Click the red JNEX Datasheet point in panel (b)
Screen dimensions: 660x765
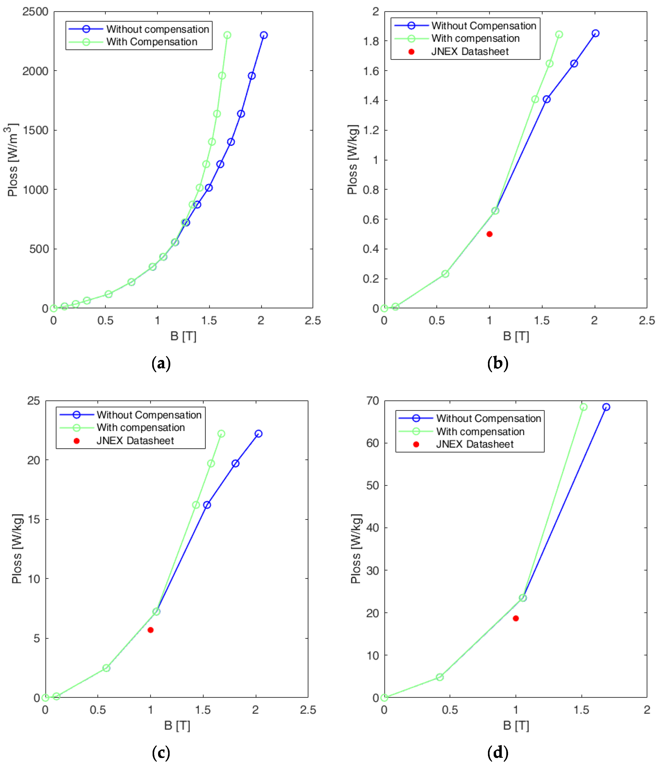[x=489, y=234]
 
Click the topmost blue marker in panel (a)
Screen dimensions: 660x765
[x=264, y=35]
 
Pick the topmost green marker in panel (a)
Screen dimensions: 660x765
[x=227, y=35]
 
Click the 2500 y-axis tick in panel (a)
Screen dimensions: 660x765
[x=35, y=12]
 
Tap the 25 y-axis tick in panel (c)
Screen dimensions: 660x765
[x=34, y=401]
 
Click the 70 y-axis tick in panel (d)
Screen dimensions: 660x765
[x=373, y=401]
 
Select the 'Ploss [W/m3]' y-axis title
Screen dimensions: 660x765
[x=12, y=160]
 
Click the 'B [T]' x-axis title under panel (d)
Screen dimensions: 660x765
[x=516, y=725]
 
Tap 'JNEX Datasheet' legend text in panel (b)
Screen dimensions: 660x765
[x=470, y=51]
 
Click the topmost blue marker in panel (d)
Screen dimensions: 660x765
[x=606, y=407]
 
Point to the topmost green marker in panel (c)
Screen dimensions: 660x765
[x=221, y=433]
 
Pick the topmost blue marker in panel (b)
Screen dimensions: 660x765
[x=596, y=33]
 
